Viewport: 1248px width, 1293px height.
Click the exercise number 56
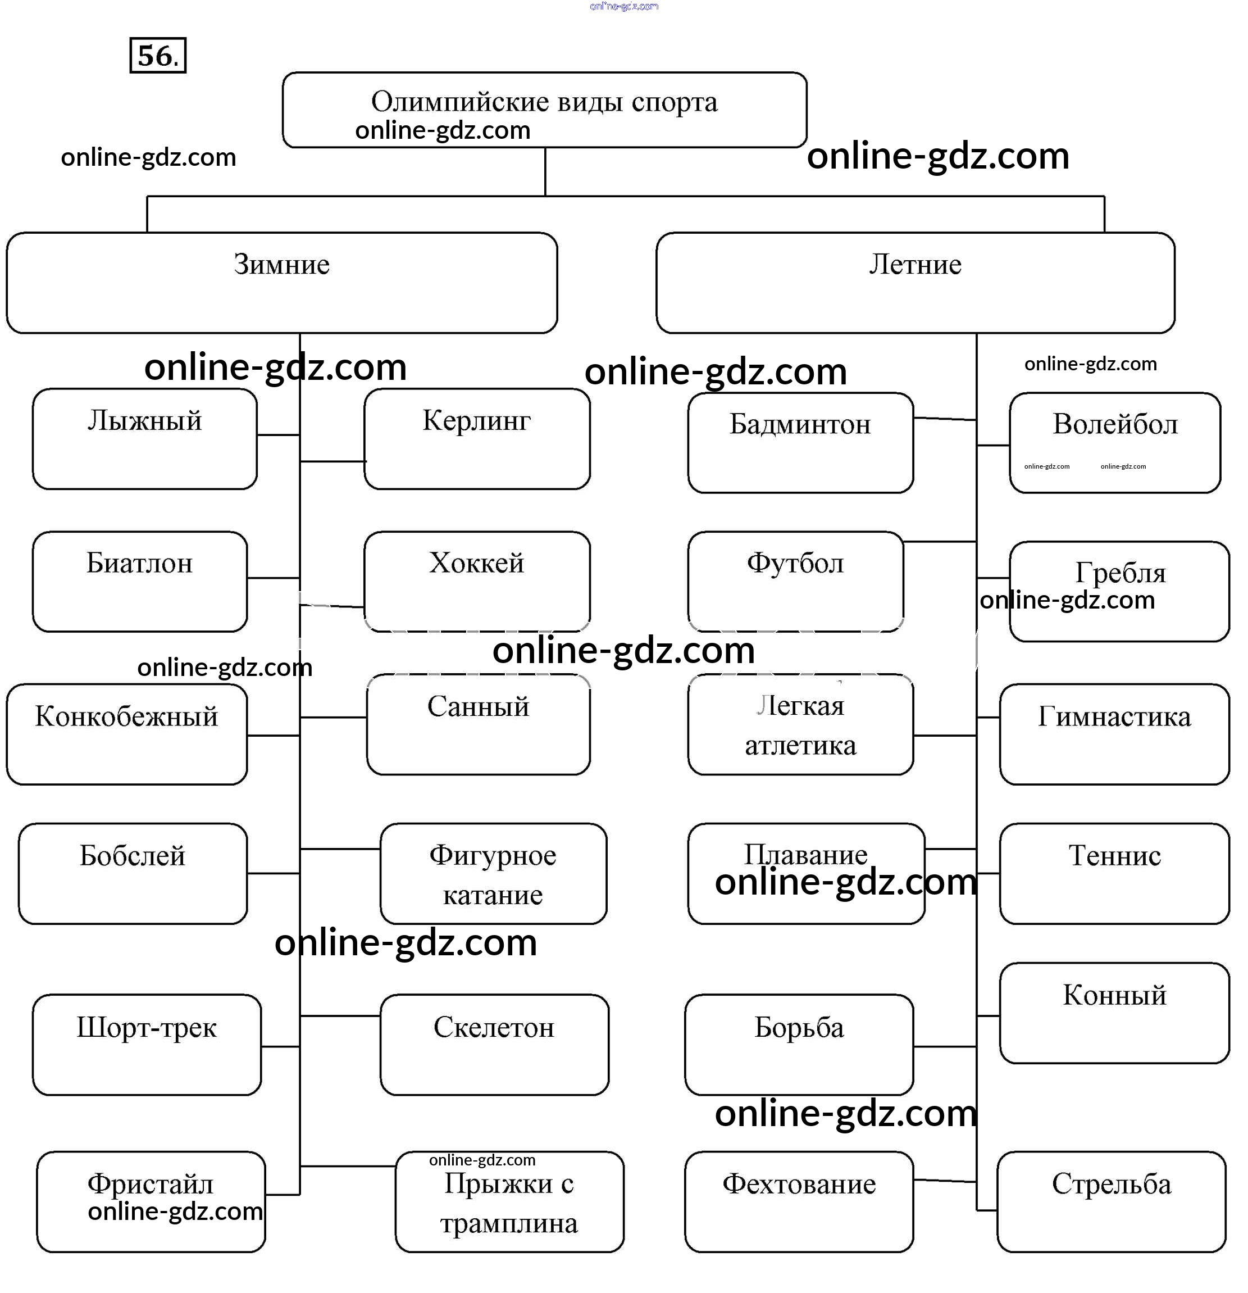pyautogui.click(x=158, y=56)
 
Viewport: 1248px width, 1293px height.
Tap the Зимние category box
pyautogui.click(x=281, y=282)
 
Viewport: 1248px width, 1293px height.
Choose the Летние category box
pyautogui.click(x=915, y=282)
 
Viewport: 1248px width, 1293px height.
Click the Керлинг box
pyautogui.click(x=477, y=439)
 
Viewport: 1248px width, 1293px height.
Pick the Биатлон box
pyautogui.click(x=140, y=581)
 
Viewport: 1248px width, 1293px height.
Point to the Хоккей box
pyautogui.click(x=477, y=581)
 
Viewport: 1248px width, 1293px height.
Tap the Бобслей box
pyautogui.click(x=133, y=873)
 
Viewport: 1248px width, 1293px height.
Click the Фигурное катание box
pyautogui.click(x=493, y=873)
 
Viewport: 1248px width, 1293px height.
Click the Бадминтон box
pyautogui.click(x=800, y=443)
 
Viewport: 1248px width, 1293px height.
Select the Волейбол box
pyautogui.click(x=1115, y=443)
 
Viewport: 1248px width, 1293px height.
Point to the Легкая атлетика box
pyautogui.click(x=800, y=724)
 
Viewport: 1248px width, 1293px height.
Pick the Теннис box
pyautogui.click(x=1114, y=873)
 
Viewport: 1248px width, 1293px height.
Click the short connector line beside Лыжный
pyautogui.click(x=278, y=435)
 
